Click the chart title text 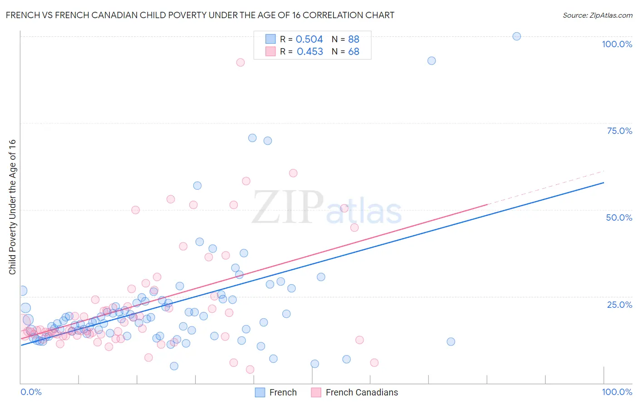[x=200, y=15]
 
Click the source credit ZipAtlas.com [x=597, y=15]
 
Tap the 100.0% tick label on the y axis [x=617, y=44]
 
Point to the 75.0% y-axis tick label [x=619, y=131]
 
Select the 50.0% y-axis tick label [x=619, y=217]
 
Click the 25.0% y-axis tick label [x=619, y=305]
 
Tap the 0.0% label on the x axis [x=31, y=392]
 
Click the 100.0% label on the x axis [x=617, y=392]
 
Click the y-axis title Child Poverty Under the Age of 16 [x=12, y=207]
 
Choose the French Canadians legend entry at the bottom [x=355, y=392]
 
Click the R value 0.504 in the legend [x=309, y=40]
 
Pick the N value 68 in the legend [x=353, y=52]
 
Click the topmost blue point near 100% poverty [x=516, y=36]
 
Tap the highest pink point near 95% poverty [x=240, y=62]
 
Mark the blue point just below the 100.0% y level [x=432, y=61]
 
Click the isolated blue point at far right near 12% [x=451, y=341]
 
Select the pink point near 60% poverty [x=293, y=173]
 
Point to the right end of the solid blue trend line [x=603, y=183]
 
